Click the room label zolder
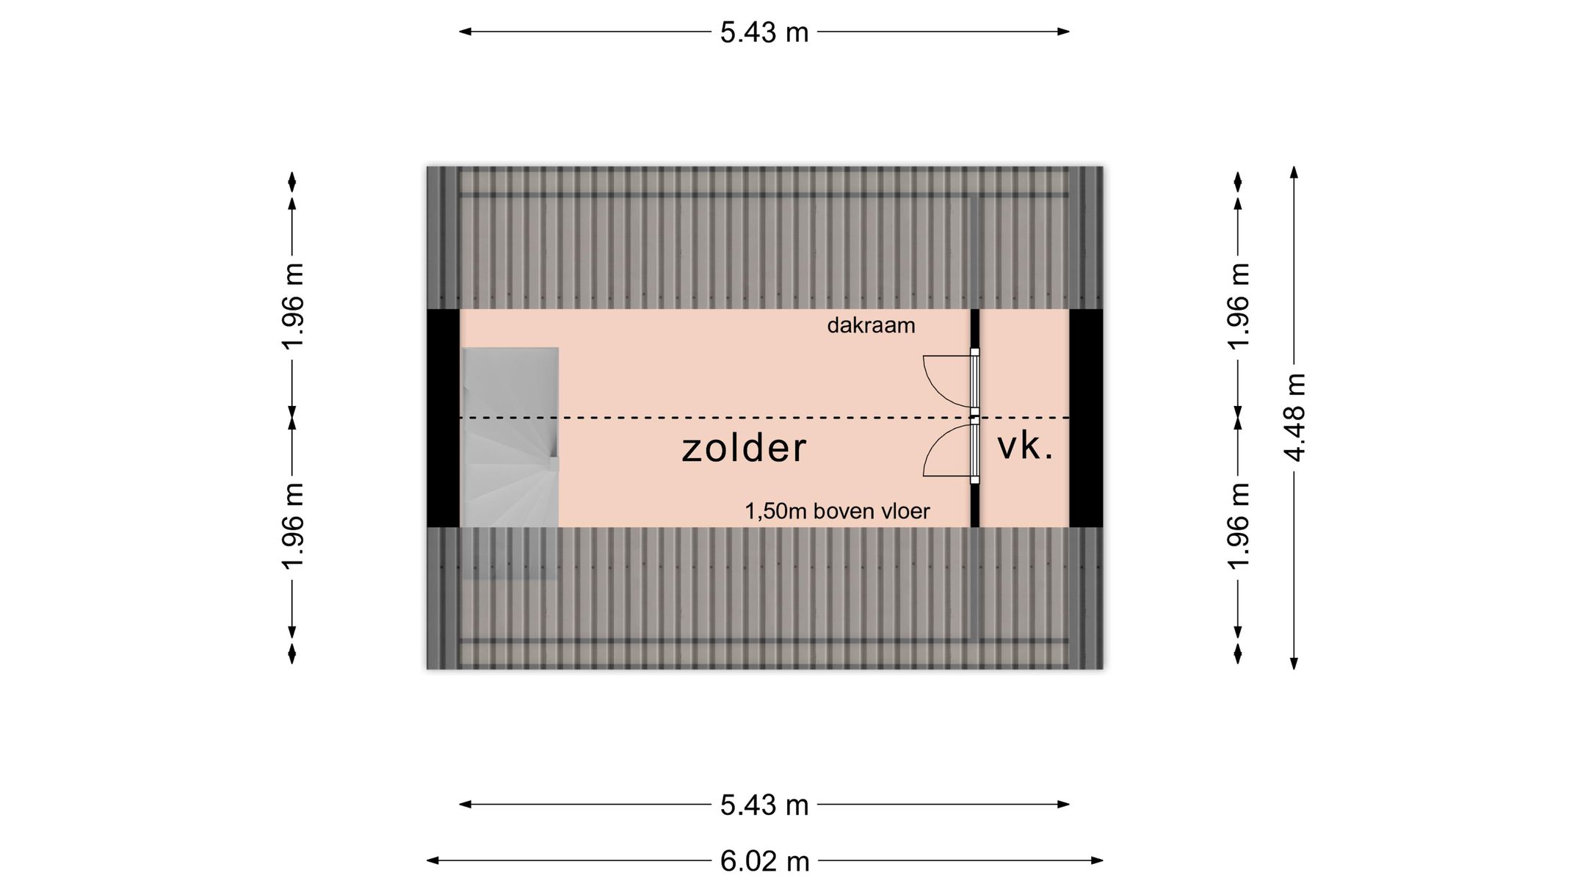(744, 448)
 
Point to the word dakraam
(871, 325)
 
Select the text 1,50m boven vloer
(837, 511)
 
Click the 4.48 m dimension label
(1295, 417)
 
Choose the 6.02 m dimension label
(764, 861)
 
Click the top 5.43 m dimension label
(764, 32)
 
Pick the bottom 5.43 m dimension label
(764, 805)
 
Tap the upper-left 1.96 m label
(293, 305)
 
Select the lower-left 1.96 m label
(293, 526)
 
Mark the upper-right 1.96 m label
(1239, 305)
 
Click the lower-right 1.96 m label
(1239, 526)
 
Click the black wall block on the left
(443, 418)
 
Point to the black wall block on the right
(1086, 418)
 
